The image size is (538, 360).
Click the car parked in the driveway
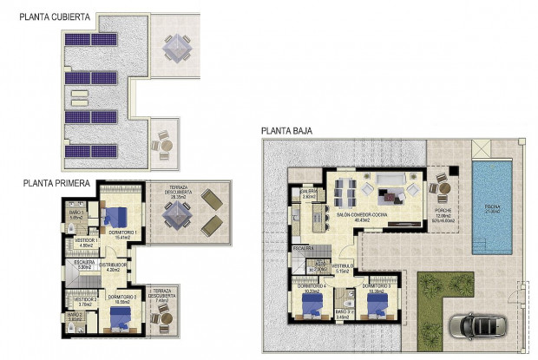point(474,327)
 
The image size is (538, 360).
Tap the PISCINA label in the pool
point(492,208)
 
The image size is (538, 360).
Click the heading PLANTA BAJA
point(287,132)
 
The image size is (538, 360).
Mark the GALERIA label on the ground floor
point(308,193)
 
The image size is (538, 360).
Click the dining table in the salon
point(344,190)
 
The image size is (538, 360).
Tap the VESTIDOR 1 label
point(84,241)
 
